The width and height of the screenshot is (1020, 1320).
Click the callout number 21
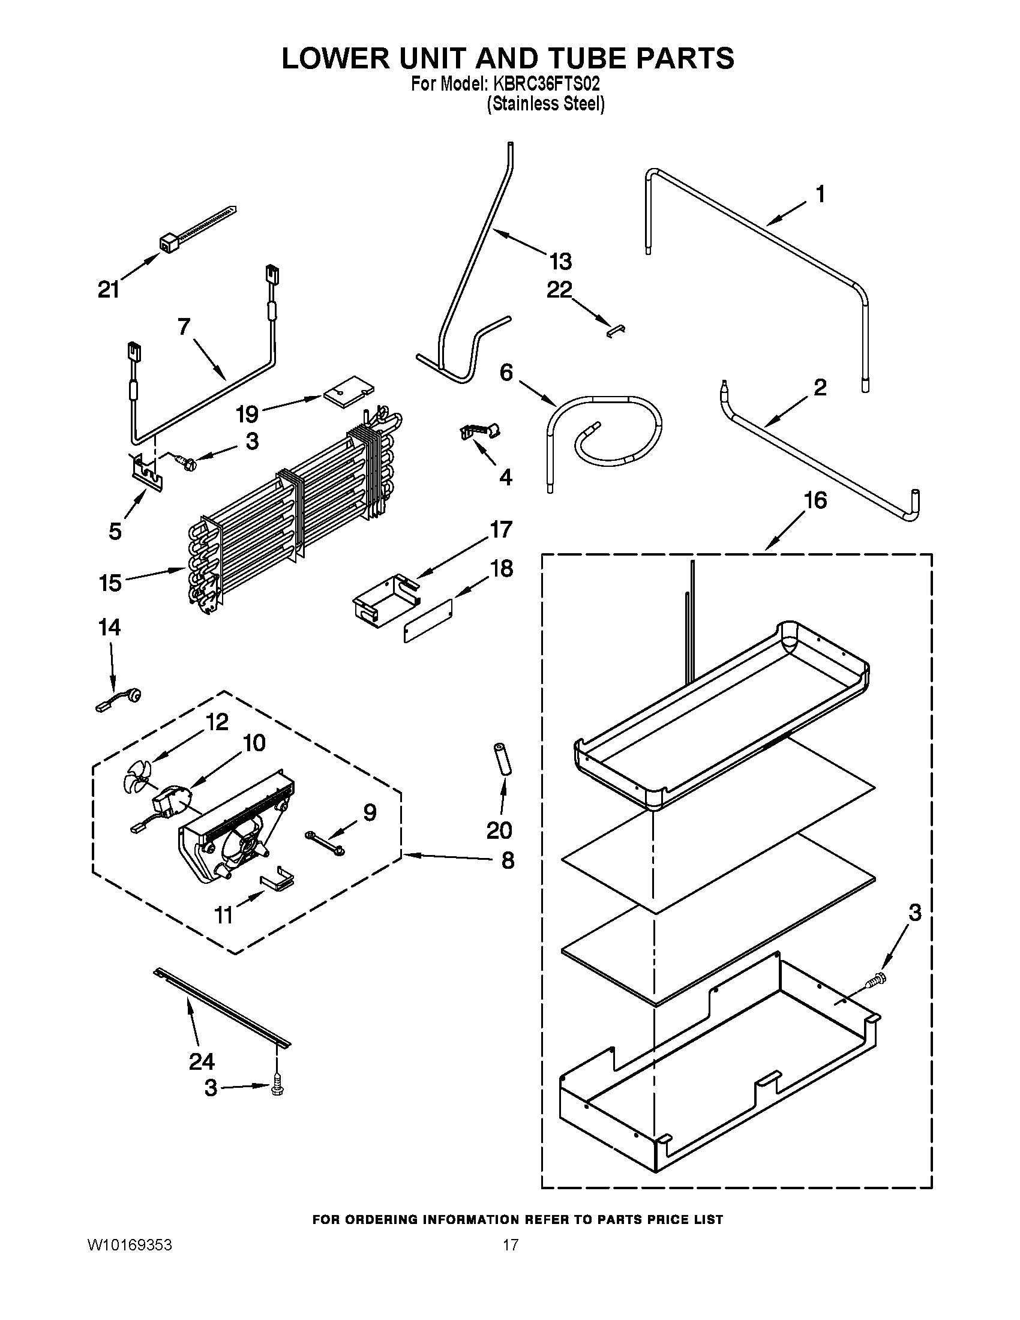tap(109, 290)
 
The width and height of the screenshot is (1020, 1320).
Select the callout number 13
tap(560, 262)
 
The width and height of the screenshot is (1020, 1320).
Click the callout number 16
tap(815, 500)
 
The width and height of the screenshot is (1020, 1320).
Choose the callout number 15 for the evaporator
tap(110, 583)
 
